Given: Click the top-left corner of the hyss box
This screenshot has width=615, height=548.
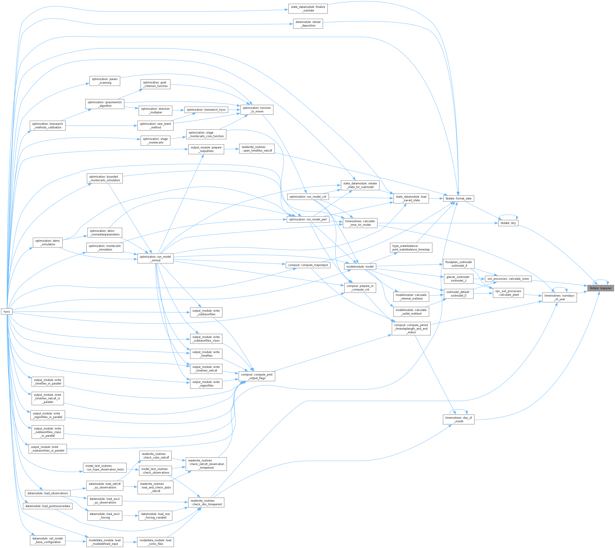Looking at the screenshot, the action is (1, 308).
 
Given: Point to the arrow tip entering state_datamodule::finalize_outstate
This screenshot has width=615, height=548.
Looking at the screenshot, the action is (288, 10).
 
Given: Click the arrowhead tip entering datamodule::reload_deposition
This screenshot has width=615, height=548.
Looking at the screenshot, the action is (293, 24).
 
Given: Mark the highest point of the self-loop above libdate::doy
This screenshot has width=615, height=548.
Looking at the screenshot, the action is (508, 215).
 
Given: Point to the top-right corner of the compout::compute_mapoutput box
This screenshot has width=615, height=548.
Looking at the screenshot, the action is (331, 262).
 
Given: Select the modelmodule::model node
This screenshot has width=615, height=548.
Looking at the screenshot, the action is (360, 266).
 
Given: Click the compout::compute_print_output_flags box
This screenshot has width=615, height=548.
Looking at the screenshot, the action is (257, 376).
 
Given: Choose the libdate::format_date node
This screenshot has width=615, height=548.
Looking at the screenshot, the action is (458, 198).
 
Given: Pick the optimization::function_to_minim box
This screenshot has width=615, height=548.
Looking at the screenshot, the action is (257, 110).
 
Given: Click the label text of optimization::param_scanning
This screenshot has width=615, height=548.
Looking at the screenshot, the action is (105, 81).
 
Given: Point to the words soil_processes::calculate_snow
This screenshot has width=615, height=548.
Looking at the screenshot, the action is (508, 279).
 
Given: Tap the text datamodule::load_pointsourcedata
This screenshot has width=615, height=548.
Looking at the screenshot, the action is (48, 506).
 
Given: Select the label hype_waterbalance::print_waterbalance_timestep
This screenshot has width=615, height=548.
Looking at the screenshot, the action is (411, 248).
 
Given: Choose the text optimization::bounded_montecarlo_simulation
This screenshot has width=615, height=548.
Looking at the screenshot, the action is (105, 179).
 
